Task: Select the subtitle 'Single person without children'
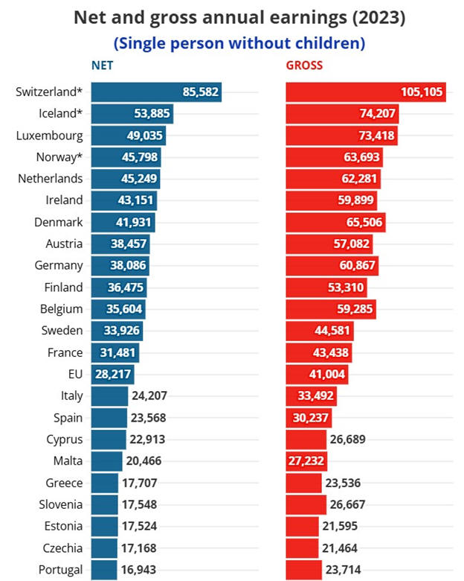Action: [x=239, y=43]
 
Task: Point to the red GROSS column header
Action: [x=305, y=66]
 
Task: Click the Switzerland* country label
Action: [x=49, y=92]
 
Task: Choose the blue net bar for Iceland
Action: [x=132, y=114]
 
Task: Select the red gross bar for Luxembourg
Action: [x=342, y=136]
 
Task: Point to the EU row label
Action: [x=75, y=374]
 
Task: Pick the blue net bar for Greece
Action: [x=105, y=483]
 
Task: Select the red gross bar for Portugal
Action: [x=304, y=570]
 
